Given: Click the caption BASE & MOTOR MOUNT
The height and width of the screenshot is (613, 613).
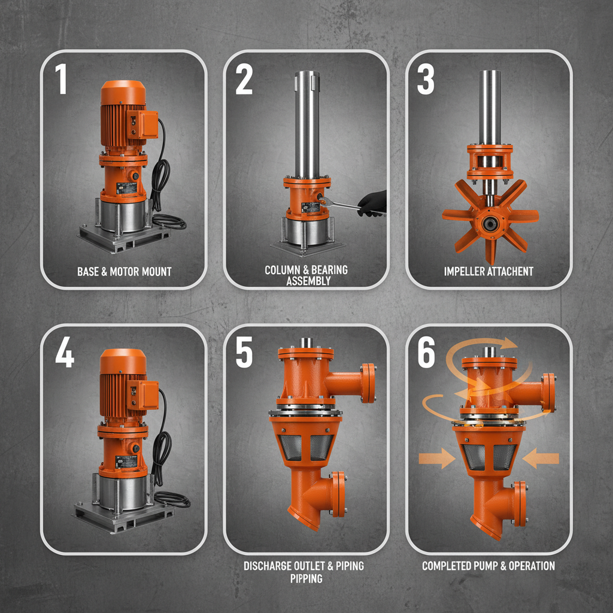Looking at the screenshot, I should pos(124,272).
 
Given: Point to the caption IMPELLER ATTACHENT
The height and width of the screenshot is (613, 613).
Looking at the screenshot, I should pos(488,272).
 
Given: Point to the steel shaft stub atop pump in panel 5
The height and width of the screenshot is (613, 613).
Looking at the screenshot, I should pos(306,342).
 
